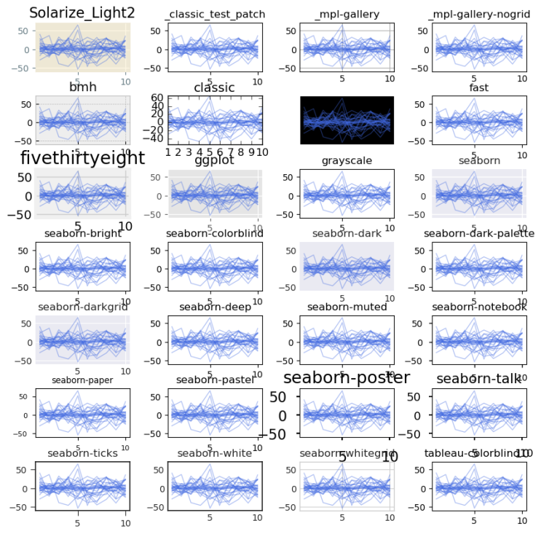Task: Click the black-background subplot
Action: click(347, 120)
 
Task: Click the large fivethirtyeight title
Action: click(82, 159)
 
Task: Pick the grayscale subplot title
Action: click(347, 161)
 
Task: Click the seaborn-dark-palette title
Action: click(479, 234)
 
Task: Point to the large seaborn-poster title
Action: click(347, 378)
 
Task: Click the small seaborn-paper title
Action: click(82, 380)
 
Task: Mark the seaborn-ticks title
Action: click(82, 453)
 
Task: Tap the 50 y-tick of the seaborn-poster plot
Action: click(279, 397)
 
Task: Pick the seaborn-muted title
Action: click(347, 307)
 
